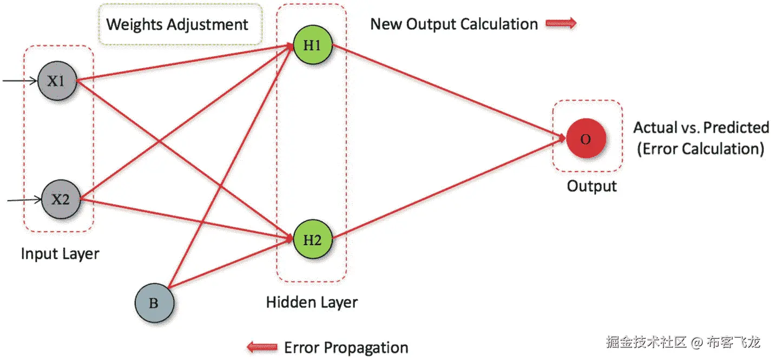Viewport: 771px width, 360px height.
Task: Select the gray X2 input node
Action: click(x=61, y=199)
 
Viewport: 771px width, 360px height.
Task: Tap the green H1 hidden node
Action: click(x=312, y=46)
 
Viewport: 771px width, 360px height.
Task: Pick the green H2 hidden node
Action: click(x=312, y=240)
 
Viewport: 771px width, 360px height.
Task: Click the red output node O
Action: click(x=585, y=139)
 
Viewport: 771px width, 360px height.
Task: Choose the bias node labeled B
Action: click(x=154, y=303)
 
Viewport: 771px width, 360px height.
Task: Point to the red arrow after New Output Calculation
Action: click(x=562, y=24)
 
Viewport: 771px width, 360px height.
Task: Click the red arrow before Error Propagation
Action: click(x=261, y=347)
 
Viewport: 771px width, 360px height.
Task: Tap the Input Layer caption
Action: click(x=60, y=253)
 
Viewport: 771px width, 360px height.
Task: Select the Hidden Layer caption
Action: click(x=312, y=302)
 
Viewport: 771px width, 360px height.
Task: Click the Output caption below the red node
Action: click(x=591, y=186)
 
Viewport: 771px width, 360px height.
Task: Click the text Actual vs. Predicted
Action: click(x=701, y=128)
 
